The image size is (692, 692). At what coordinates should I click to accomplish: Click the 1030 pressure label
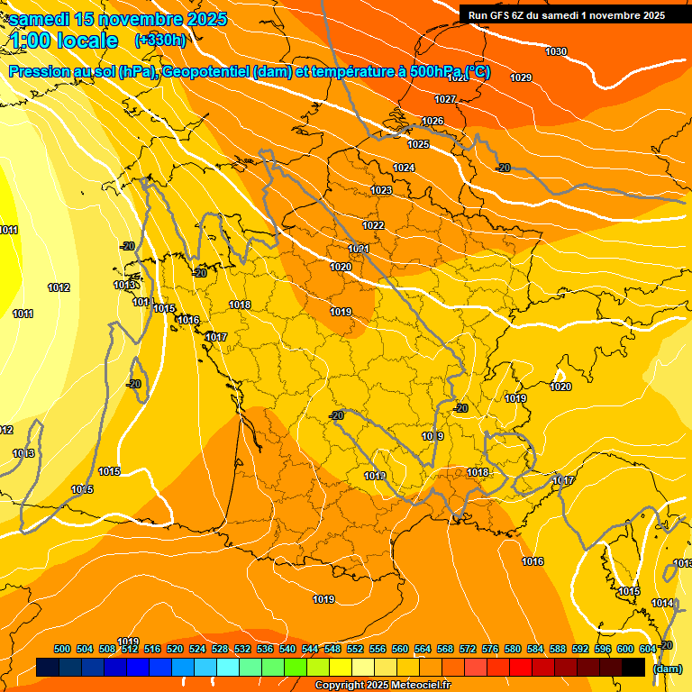(556, 51)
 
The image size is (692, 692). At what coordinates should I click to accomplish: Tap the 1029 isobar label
(521, 77)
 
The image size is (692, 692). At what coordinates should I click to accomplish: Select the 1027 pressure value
(445, 99)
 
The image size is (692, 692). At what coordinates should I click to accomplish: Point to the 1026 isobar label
(432, 121)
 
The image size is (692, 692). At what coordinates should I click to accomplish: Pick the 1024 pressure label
(404, 168)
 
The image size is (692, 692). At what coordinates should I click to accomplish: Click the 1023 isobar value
(381, 190)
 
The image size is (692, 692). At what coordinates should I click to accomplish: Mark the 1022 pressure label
(373, 225)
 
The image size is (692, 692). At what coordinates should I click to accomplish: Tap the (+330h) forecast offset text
(160, 40)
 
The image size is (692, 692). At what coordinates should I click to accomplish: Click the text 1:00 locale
(64, 41)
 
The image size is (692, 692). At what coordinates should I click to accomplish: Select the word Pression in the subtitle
(38, 72)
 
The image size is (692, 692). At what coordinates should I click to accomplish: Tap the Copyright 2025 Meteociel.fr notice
(382, 686)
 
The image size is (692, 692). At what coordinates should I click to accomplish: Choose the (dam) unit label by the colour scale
(667, 669)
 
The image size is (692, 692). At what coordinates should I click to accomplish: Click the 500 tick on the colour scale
(62, 650)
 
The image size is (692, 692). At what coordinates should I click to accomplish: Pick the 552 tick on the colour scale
(355, 650)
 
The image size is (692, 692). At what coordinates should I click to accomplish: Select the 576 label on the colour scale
(490, 650)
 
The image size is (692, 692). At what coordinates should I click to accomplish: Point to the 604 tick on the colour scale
(648, 650)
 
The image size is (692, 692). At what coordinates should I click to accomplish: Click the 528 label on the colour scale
(220, 650)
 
